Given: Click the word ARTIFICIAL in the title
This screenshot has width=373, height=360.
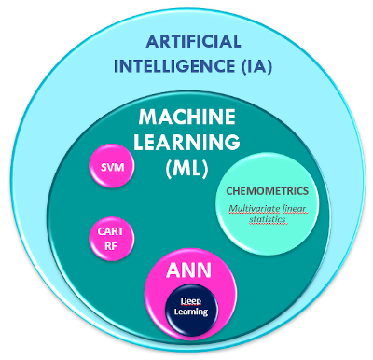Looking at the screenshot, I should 192,43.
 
